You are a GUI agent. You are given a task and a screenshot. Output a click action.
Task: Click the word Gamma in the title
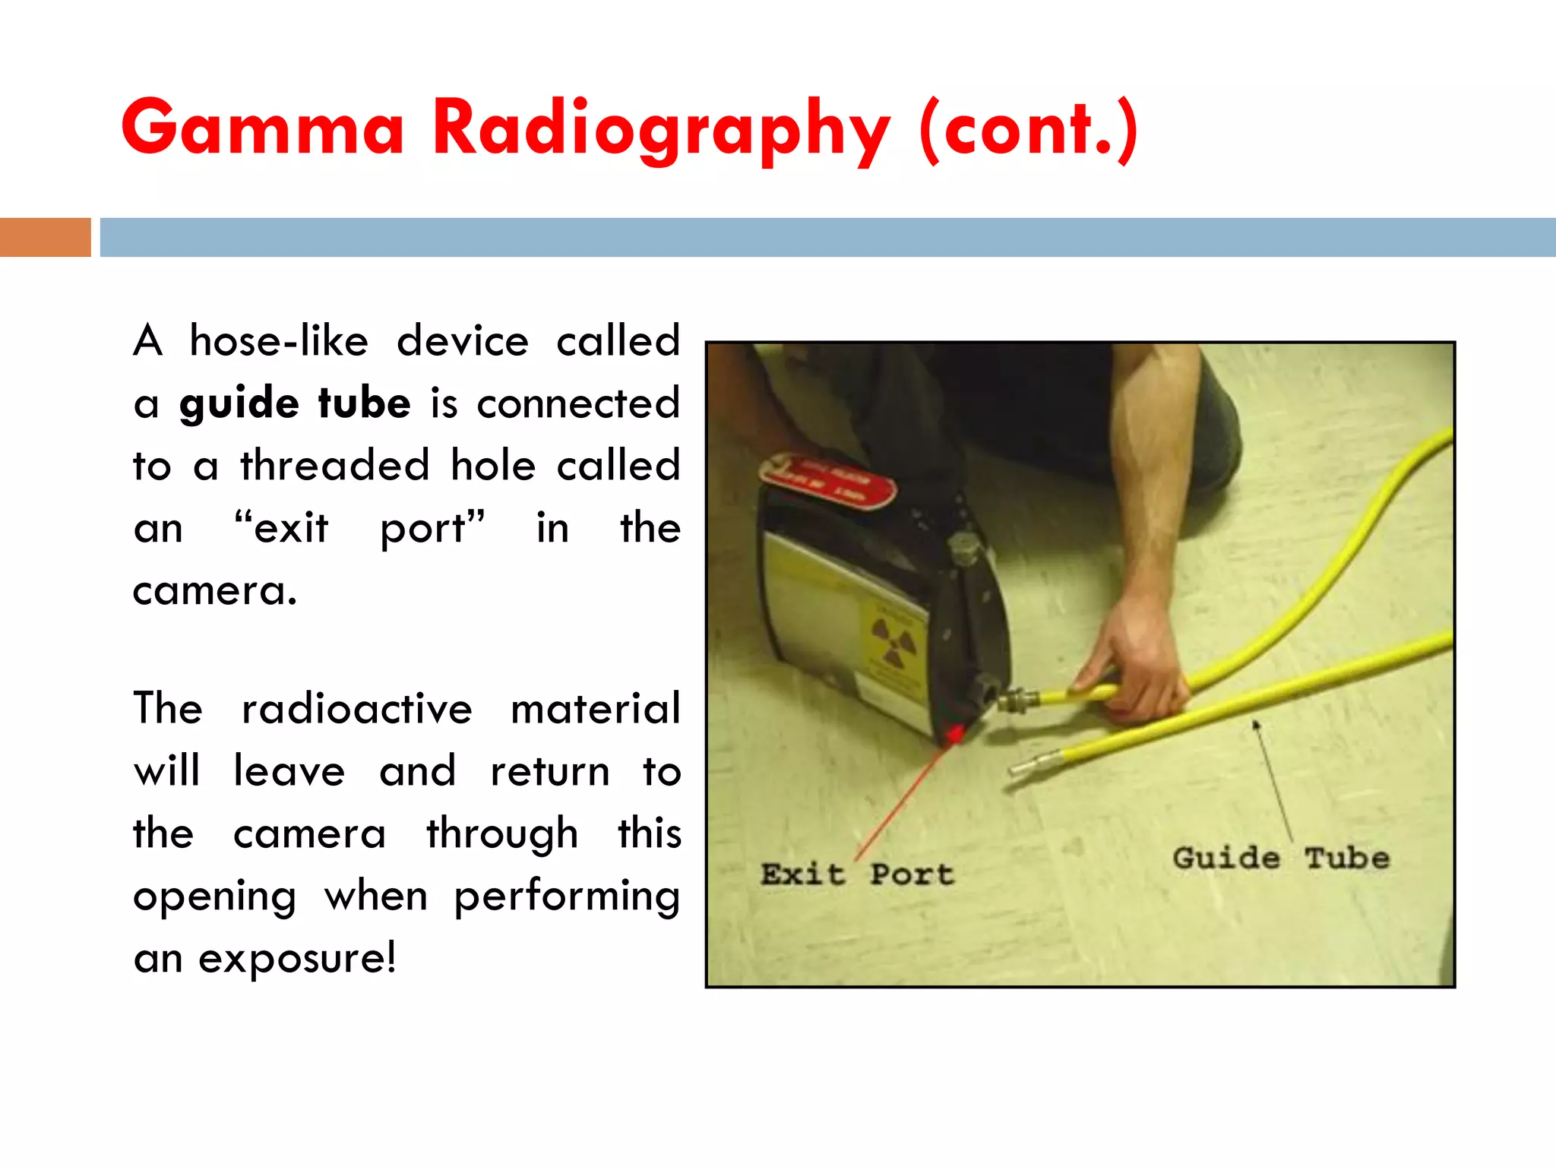click(x=262, y=128)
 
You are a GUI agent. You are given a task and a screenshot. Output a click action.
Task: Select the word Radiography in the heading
click(x=660, y=129)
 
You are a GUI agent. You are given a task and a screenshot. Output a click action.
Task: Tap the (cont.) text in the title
click(x=1029, y=129)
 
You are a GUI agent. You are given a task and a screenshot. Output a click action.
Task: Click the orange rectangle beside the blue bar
click(x=45, y=237)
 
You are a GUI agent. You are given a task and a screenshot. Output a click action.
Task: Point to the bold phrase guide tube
click(x=295, y=403)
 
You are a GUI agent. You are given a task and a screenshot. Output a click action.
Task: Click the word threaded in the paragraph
click(x=334, y=465)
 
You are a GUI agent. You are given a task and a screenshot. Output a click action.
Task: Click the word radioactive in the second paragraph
click(x=356, y=709)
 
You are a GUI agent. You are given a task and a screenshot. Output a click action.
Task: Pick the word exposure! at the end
click(x=297, y=958)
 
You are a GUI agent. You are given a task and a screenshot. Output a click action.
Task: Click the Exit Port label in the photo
click(x=857, y=874)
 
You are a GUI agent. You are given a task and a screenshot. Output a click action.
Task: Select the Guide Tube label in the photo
click(x=1281, y=858)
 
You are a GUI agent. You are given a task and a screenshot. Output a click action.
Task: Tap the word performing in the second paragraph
click(x=566, y=896)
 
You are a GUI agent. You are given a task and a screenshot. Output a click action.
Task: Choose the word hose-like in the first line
click(x=279, y=340)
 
